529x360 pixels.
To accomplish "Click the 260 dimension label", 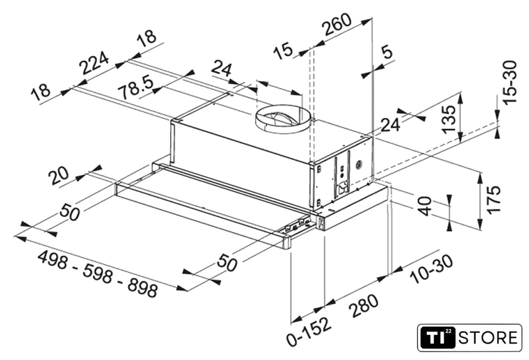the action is tap(337, 25).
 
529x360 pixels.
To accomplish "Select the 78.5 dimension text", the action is tap(137, 87).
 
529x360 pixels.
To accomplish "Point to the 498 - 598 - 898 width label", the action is tap(98, 274).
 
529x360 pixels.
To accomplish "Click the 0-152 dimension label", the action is tap(308, 332).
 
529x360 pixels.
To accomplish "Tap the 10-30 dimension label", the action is tap(431, 269).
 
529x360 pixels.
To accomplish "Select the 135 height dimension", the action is tap(449, 120).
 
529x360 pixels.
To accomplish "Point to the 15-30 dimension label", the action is tap(509, 82).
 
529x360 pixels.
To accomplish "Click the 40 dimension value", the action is tap(425, 206).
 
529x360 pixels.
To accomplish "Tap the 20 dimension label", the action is tap(59, 176).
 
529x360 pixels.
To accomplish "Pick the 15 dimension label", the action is tap(283, 50).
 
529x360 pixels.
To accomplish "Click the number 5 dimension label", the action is tap(387, 52).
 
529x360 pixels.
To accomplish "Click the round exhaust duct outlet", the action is tap(283, 118).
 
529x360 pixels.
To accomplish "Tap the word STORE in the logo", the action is tap(487, 338).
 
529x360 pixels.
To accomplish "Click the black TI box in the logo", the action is tap(437, 337).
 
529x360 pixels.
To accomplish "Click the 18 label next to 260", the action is tap(147, 37).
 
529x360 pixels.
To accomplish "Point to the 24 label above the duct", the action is tap(222, 69).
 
